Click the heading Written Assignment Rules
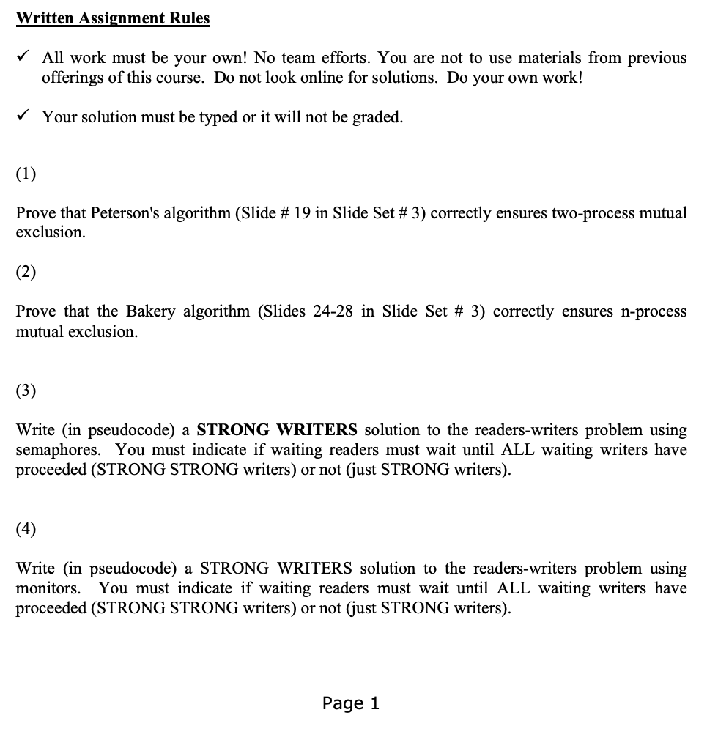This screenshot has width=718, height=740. [x=113, y=18]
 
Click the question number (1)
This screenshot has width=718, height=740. [x=26, y=174]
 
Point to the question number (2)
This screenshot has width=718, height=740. [x=26, y=273]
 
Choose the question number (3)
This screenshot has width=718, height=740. [x=26, y=391]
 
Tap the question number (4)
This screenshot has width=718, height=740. [x=26, y=529]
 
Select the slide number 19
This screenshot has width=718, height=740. [x=302, y=213]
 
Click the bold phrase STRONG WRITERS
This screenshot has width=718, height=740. [x=277, y=430]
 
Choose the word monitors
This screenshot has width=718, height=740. [x=48, y=588]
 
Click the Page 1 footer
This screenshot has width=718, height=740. [x=351, y=703]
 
